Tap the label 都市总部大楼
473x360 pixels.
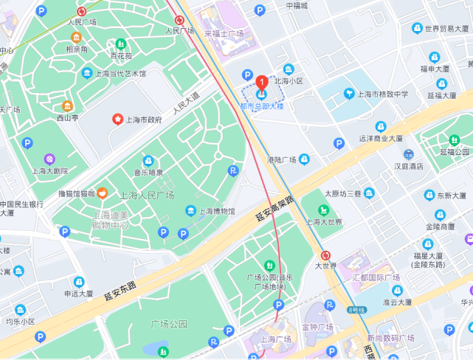click(261, 106)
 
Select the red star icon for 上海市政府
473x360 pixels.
click(117, 119)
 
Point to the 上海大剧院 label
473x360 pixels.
click(49, 170)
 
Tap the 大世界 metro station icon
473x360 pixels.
click(326, 255)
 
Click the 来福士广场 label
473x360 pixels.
click(224, 34)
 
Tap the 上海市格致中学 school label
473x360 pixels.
click(382, 94)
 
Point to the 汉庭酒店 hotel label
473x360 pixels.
click(409, 166)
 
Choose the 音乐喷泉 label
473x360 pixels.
click(148, 173)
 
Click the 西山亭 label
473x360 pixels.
click(67, 117)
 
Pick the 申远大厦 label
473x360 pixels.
click(77, 294)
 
